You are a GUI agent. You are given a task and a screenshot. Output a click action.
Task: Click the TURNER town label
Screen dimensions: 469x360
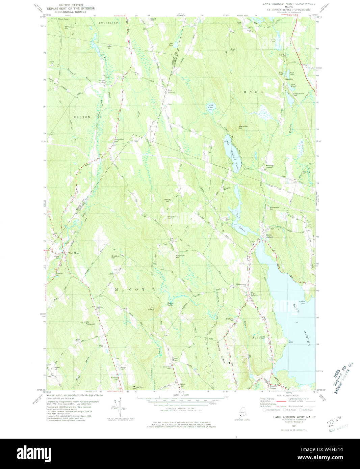[248, 92]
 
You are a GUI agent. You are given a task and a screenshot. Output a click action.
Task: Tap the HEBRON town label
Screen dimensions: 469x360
[82, 117]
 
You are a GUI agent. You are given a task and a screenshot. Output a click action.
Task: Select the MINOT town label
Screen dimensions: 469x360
[130, 289]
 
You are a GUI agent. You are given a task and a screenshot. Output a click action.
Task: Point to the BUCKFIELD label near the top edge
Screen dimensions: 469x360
[108, 23]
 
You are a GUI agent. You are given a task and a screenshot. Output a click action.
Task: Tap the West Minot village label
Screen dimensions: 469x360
[74, 253]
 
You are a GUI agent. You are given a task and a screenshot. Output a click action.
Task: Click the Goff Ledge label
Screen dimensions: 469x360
[154, 308]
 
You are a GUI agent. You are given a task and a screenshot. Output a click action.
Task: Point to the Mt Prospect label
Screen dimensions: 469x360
[90, 323]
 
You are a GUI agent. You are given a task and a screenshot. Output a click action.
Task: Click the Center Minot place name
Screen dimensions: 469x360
[175, 359]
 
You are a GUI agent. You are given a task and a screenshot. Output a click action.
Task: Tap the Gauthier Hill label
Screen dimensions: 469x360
[243, 127]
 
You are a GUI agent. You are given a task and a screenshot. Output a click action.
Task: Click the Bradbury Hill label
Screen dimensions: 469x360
[116, 257]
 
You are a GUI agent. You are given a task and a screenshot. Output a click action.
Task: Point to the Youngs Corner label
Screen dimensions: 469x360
[272, 387]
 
